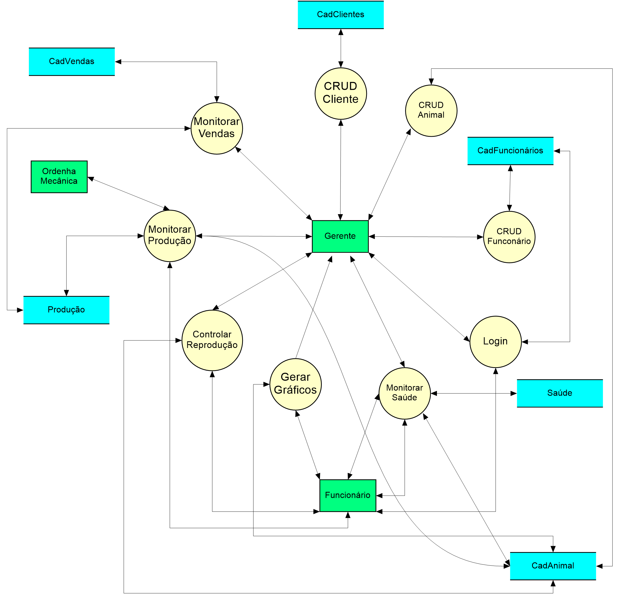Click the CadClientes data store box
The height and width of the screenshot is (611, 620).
pyautogui.click(x=340, y=15)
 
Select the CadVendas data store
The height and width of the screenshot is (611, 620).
pyautogui.click(x=72, y=62)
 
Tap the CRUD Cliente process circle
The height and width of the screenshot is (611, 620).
pyautogui.click(x=340, y=93)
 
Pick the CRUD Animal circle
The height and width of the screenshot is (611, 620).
pyautogui.click(x=431, y=111)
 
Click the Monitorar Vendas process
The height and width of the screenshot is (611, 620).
pyautogui.click(x=217, y=128)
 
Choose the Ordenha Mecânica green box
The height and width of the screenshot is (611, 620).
pyautogui.click(x=59, y=177)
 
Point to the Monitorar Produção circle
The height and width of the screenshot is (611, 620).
pyautogui.click(x=169, y=236)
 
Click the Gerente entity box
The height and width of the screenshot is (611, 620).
pyautogui.click(x=340, y=236)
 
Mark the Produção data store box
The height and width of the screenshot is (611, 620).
pyautogui.click(x=67, y=310)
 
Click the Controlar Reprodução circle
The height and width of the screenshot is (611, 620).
pyautogui.click(x=212, y=340)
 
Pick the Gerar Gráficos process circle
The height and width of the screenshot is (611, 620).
pyautogui.click(x=295, y=384)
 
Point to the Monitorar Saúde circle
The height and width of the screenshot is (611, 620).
pyautogui.click(x=404, y=393)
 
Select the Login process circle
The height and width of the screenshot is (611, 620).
pyautogui.click(x=495, y=342)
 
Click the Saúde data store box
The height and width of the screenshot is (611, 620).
pyautogui.click(x=560, y=393)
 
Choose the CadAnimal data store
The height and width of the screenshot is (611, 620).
pyautogui.click(x=553, y=566)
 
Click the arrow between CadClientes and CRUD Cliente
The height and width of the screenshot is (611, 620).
pyautogui.click(x=341, y=48)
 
